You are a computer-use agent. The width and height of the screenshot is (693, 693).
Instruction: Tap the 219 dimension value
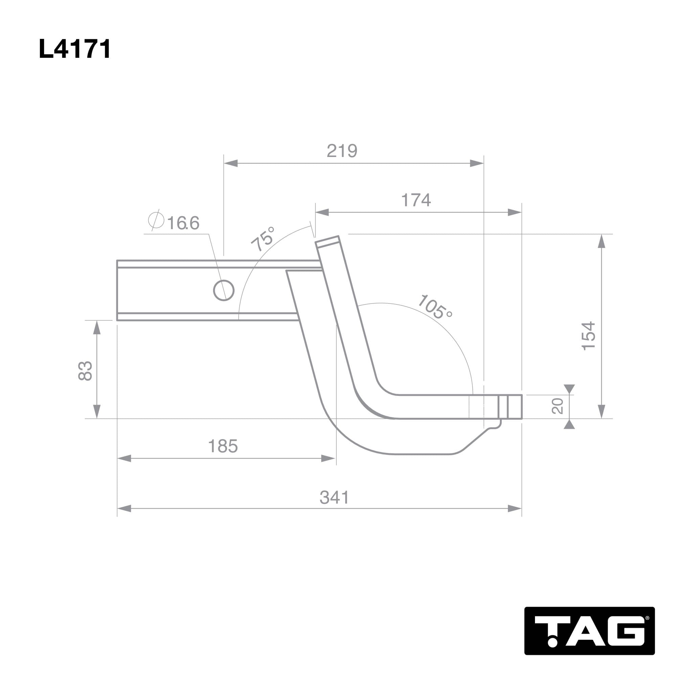click(x=342, y=151)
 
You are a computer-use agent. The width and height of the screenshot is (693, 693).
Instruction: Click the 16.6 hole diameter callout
click(x=183, y=223)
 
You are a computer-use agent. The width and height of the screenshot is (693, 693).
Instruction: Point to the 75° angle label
click(x=263, y=239)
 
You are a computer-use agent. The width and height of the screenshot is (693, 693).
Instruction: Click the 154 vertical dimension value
click(x=588, y=336)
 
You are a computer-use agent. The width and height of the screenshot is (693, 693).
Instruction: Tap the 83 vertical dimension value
click(x=85, y=371)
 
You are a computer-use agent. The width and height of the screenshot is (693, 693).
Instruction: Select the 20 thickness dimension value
click(x=557, y=406)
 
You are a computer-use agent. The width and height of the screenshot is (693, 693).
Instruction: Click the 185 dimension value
click(x=223, y=446)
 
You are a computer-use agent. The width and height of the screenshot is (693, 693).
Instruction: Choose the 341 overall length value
click(x=334, y=497)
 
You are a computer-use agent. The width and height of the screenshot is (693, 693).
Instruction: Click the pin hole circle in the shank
click(x=224, y=290)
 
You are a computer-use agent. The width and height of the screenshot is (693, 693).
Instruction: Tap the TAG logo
click(x=589, y=631)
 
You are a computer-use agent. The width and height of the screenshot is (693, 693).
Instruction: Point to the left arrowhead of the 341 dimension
click(x=124, y=508)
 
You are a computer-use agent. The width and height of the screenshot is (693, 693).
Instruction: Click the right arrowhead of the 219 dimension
click(x=477, y=163)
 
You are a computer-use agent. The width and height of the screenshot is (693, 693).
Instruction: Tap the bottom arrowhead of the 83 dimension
click(x=97, y=411)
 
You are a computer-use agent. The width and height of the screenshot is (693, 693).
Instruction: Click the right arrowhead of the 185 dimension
click(x=328, y=459)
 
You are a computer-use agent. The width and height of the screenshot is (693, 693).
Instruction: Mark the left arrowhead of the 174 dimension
click(x=322, y=213)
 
